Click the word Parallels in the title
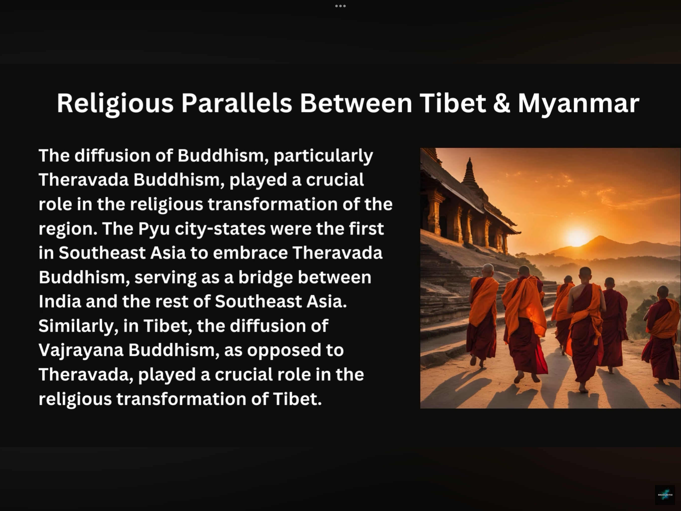(237, 104)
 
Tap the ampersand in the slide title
(502, 103)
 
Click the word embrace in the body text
(250, 253)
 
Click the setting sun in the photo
(576, 237)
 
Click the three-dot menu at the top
(340, 6)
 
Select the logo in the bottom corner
(665, 495)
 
